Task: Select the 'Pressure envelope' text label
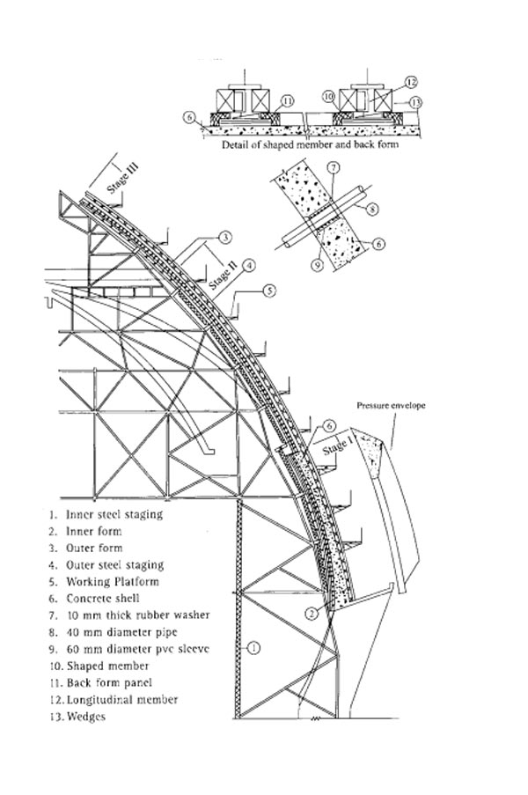[x=392, y=406]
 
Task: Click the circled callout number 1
[x=253, y=649]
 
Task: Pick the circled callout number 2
[x=312, y=612]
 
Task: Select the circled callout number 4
[x=250, y=264]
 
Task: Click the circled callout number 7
[x=333, y=167]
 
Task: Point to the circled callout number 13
[x=416, y=103]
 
